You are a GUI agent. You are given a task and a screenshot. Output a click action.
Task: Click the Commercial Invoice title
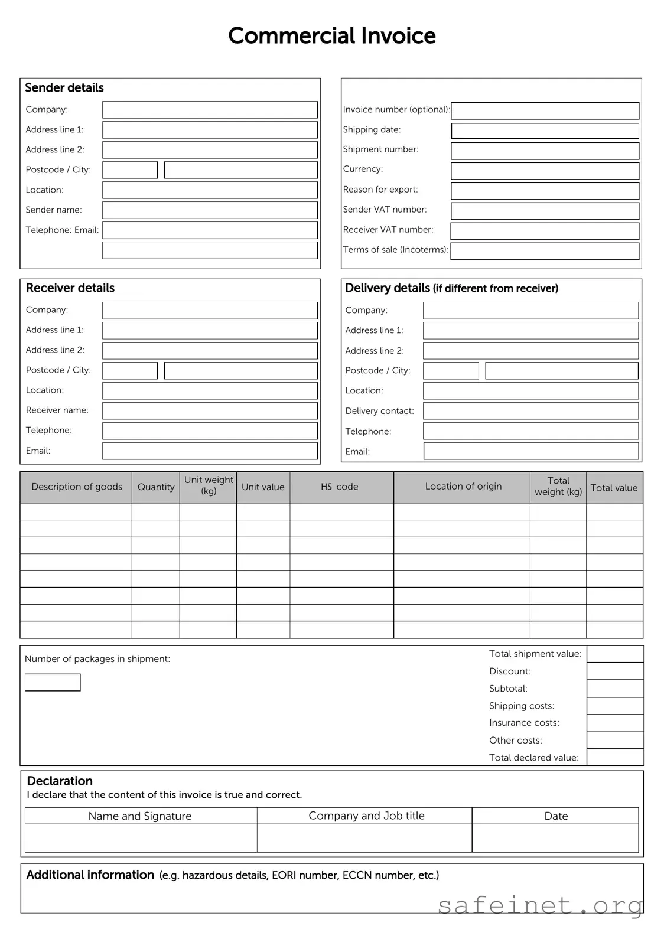click(332, 36)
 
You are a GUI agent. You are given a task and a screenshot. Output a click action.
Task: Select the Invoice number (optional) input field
click(545, 110)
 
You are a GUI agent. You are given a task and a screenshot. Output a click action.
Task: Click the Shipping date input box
click(545, 131)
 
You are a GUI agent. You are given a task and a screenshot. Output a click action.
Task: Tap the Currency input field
click(545, 171)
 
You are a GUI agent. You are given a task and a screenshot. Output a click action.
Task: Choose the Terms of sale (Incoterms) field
click(545, 251)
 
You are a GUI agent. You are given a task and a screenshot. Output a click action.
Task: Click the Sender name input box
click(210, 210)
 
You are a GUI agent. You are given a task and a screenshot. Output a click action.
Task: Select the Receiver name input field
click(210, 410)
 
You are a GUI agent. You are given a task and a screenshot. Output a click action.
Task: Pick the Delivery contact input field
click(530, 411)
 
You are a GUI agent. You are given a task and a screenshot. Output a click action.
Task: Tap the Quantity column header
click(156, 487)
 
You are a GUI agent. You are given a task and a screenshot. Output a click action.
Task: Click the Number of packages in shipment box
click(53, 683)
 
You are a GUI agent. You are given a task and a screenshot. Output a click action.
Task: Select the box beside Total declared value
click(615, 757)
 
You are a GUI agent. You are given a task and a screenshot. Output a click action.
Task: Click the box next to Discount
click(615, 671)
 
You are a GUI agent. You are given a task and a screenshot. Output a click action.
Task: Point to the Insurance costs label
click(524, 723)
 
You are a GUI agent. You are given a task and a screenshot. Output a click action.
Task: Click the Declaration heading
click(60, 781)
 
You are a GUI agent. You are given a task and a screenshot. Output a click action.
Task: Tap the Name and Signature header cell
click(140, 816)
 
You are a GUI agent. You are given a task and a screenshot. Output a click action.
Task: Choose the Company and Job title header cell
click(366, 816)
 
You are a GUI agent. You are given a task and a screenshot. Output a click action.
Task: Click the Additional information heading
click(90, 875)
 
